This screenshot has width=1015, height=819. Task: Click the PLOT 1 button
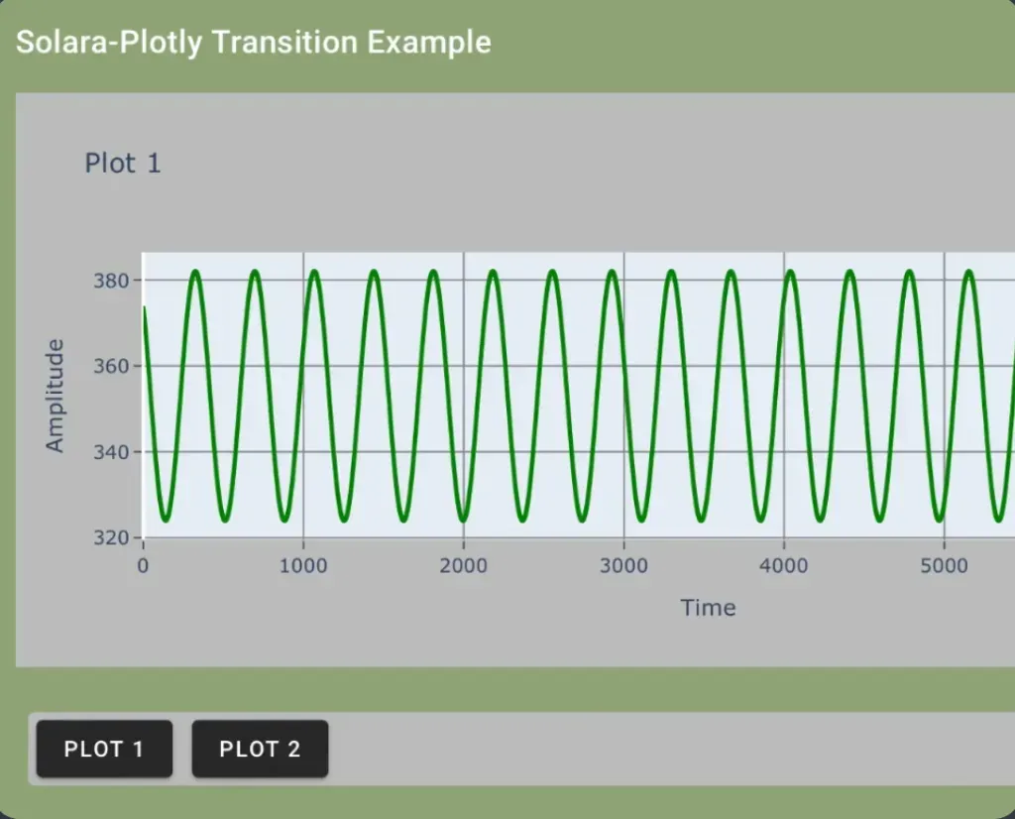coord(104,749)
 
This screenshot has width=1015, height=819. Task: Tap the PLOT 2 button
coord(260,749)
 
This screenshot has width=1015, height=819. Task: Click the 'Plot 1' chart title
coord(123,163)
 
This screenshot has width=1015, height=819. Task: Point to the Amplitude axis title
coord(55,396)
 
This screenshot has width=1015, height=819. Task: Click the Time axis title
coord(708,608)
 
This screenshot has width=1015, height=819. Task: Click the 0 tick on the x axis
coord(143,566)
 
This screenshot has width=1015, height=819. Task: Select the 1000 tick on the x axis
coord(303,566)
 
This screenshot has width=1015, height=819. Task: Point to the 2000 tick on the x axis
coord(463,566)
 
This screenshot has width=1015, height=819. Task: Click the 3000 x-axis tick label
coord(623,566)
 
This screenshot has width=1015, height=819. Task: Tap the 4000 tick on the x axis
coord(784,566)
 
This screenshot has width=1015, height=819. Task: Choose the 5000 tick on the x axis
coord(944,566)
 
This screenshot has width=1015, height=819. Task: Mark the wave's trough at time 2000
coord(464,519)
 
